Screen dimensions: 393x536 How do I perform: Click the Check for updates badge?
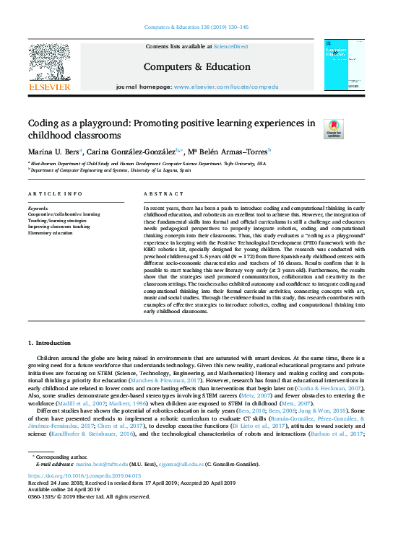[x=333, y=129]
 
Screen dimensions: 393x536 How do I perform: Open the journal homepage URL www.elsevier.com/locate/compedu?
[x=235, y=86]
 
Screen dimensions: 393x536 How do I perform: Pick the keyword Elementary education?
[x=51, y=233]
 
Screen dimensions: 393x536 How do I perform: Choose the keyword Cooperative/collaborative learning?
[x=64, y=214]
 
